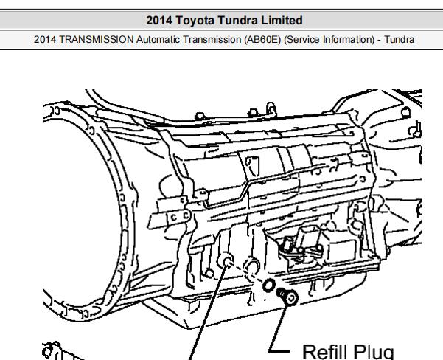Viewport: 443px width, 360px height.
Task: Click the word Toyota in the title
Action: coord(195,21)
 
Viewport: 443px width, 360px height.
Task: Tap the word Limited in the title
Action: coord(282,21)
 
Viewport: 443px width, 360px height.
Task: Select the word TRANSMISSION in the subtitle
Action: coord(96,39)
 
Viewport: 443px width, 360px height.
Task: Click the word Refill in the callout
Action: coord(325,352)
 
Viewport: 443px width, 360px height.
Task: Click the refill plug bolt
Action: coord(287,296)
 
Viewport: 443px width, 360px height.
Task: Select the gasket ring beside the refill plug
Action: coord(269,285)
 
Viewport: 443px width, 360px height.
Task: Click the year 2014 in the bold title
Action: coord(158,21)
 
